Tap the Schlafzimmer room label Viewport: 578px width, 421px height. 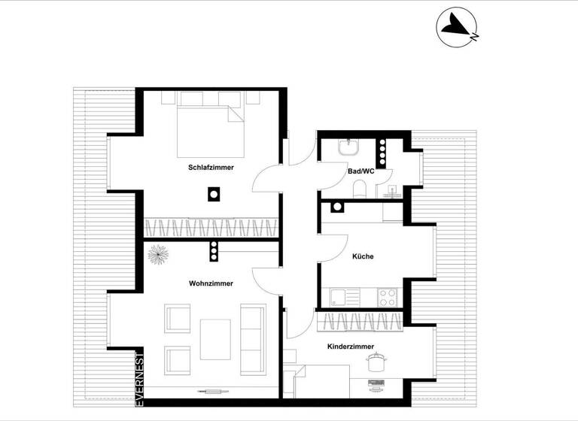211,168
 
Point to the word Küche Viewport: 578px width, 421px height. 363,256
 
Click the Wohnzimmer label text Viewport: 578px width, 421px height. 211,283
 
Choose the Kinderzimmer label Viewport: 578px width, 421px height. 351,347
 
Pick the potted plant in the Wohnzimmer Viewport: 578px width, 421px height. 158,253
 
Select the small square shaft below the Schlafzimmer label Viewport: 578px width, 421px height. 214,195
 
